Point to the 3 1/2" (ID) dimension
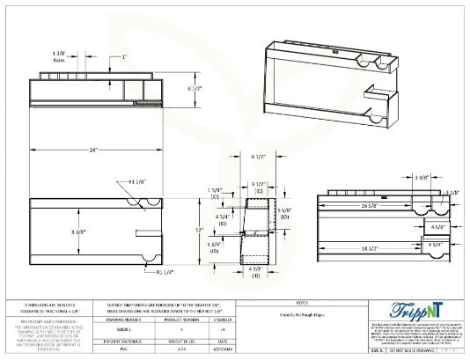click(x=259, y=187)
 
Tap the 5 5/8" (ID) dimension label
click(x=283, y=213)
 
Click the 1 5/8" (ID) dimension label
click(x=215, y=192)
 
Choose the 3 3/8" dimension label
click(x=422, y=178)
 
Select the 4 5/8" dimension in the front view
click(x=435, y=226)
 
